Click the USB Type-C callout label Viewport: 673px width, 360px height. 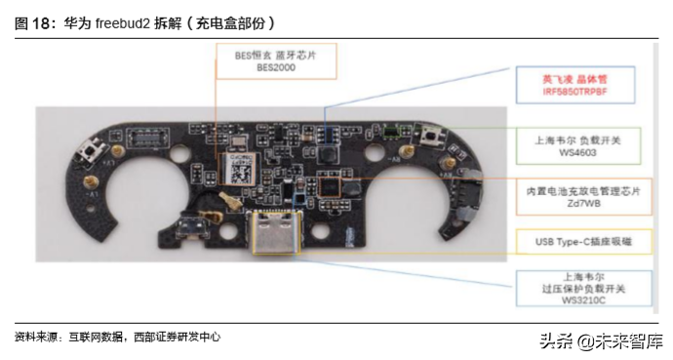pyautogui.click(x=574, y=240)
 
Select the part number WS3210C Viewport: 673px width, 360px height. pyautogui.click(x=574, y=301)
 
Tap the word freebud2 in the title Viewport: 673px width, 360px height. pyautogui.click(x=123, y=21)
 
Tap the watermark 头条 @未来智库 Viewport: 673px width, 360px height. pyautogui.click(x=603, y=340)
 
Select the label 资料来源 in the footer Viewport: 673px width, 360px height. pyautogui.click(x=33, y=337)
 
